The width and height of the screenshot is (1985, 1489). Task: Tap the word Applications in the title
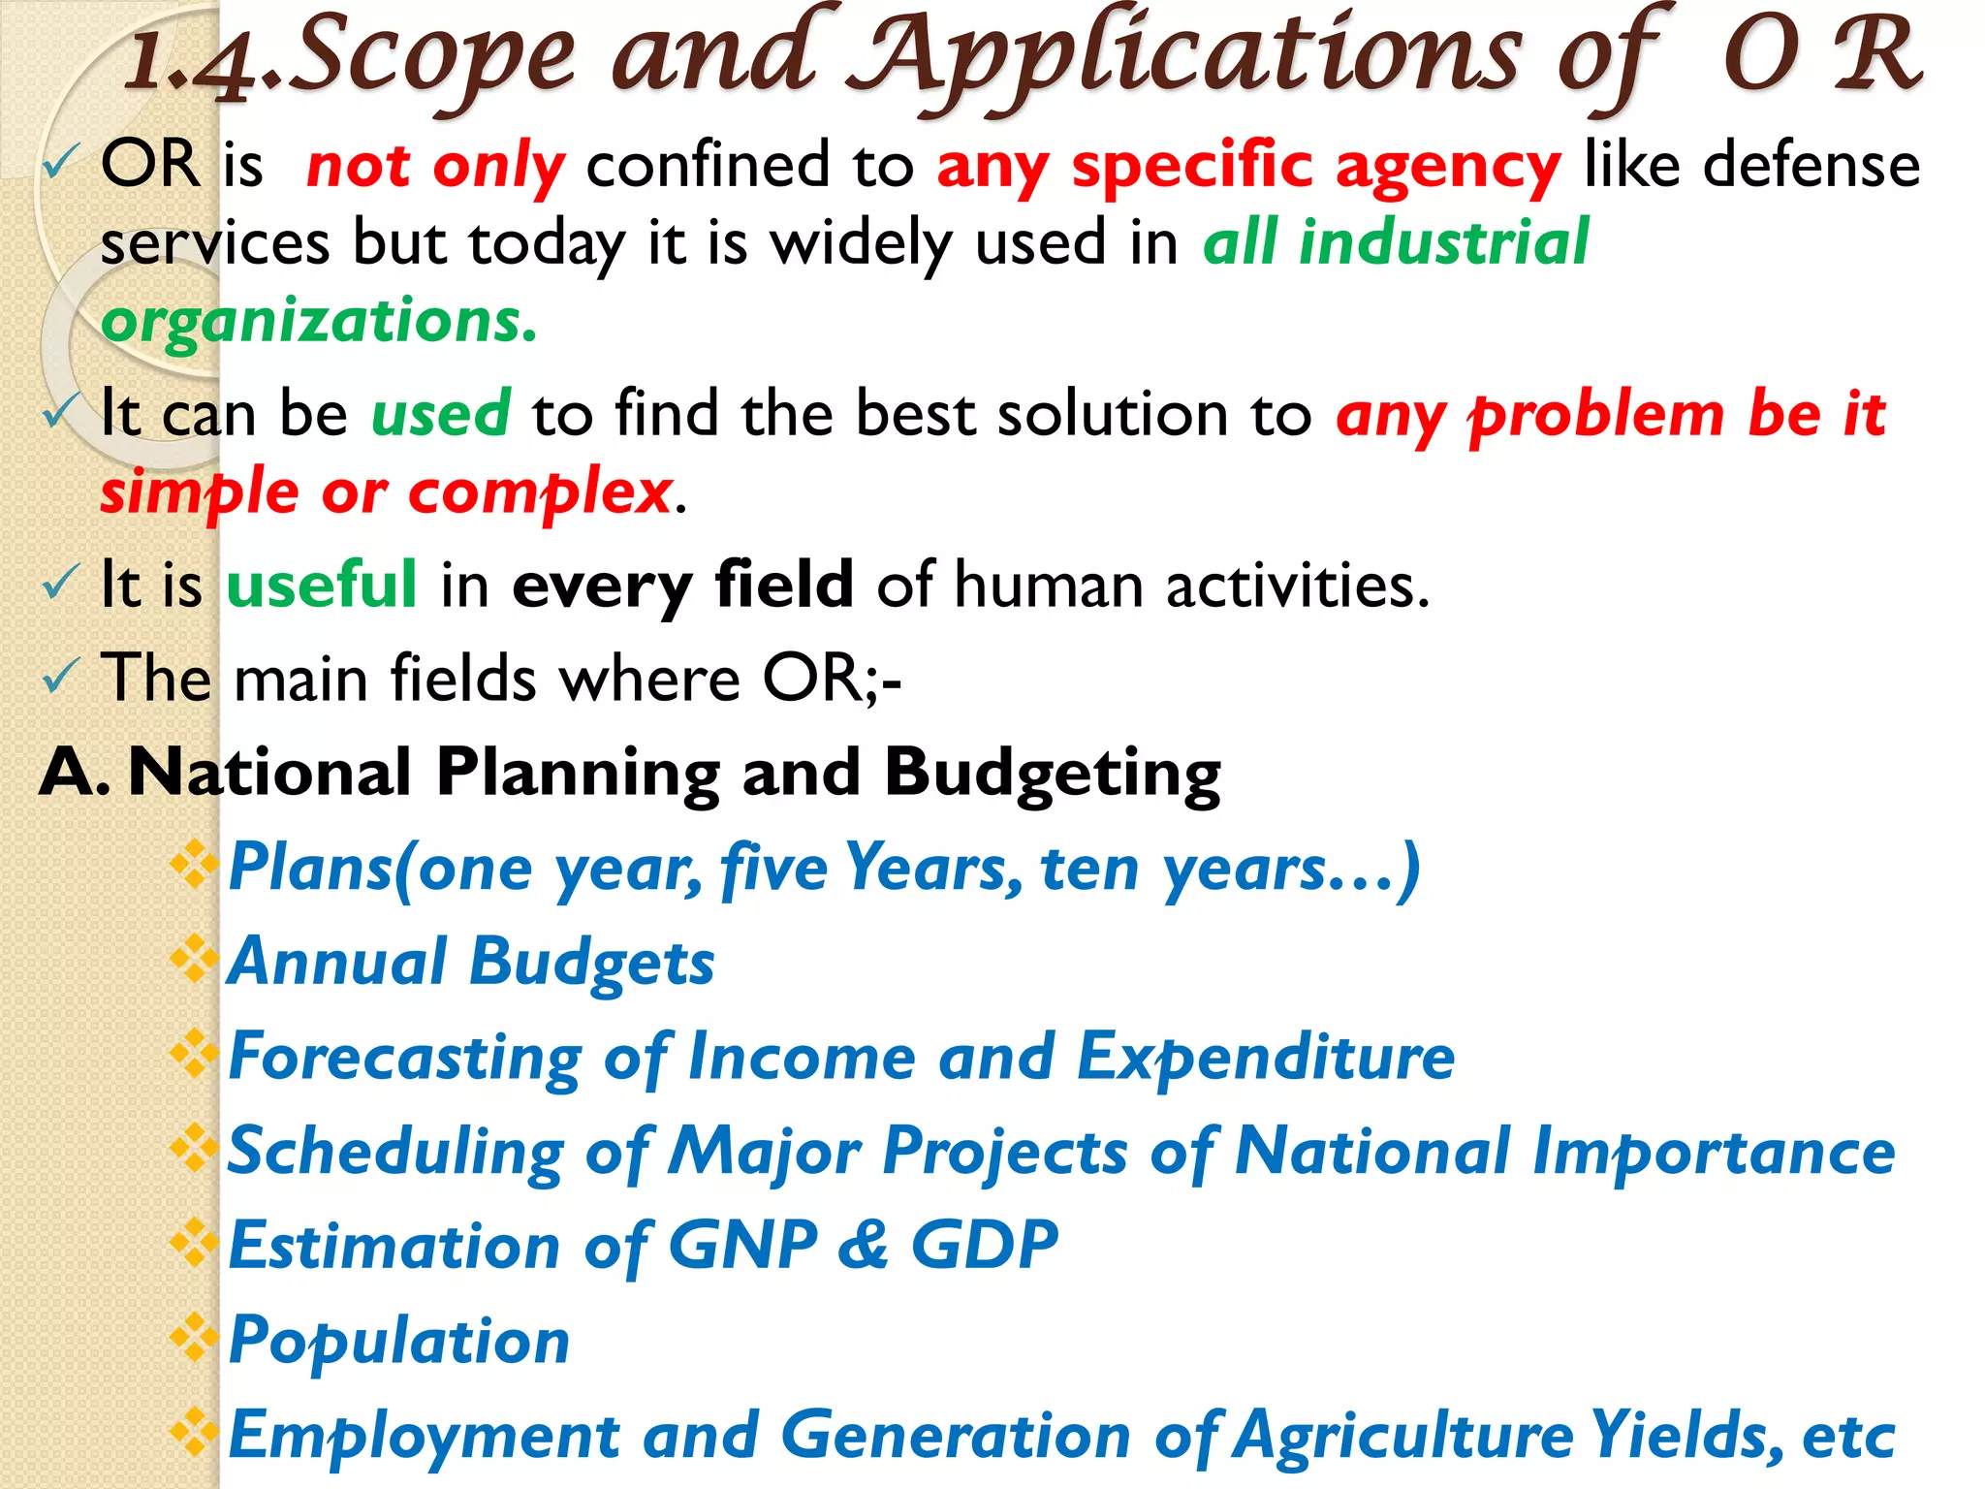click(1192, 58)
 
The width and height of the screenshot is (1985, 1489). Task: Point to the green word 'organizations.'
click(319, 322)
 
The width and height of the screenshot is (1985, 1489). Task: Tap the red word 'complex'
click(540, 492)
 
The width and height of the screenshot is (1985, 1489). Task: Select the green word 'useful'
click(322, 586)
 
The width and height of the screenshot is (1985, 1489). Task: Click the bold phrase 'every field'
click(682, 586)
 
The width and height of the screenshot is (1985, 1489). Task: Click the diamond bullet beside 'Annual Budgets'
click(194, 959)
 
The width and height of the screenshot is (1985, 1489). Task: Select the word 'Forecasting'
click(405, 1057)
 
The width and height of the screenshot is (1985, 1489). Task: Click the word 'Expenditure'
click(1266, 1057)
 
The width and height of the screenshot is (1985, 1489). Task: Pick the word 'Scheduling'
click(395, 1152)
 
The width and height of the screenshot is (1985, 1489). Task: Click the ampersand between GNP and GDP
click(863, 1246)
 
